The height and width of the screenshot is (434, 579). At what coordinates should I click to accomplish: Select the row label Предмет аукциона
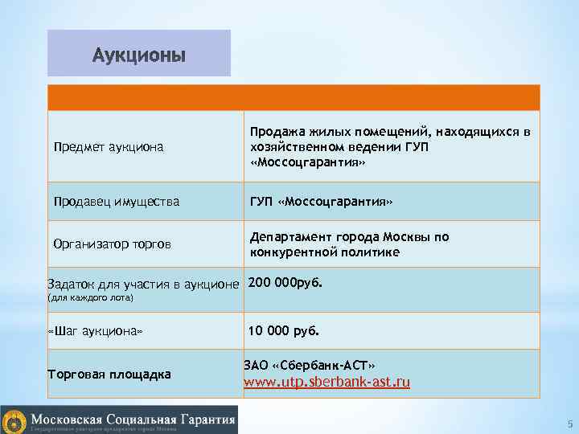coord(108,147)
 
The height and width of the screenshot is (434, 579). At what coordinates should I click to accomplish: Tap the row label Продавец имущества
coord(116,201)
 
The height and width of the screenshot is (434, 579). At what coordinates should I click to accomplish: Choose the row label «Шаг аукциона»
coord(95,331)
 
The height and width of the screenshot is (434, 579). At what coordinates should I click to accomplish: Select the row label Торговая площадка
coord(109,374)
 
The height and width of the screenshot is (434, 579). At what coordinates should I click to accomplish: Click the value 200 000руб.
coord(285,283)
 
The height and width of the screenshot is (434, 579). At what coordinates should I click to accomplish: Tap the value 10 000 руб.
coord(284,330)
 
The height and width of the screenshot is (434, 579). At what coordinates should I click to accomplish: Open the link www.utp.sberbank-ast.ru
coord(326,382)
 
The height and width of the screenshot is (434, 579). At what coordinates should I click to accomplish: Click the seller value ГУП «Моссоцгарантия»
coord(321,201)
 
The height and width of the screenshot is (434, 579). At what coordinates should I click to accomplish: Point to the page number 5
coord(569,424)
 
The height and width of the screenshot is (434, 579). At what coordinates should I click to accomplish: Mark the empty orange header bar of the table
coord(294,98)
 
